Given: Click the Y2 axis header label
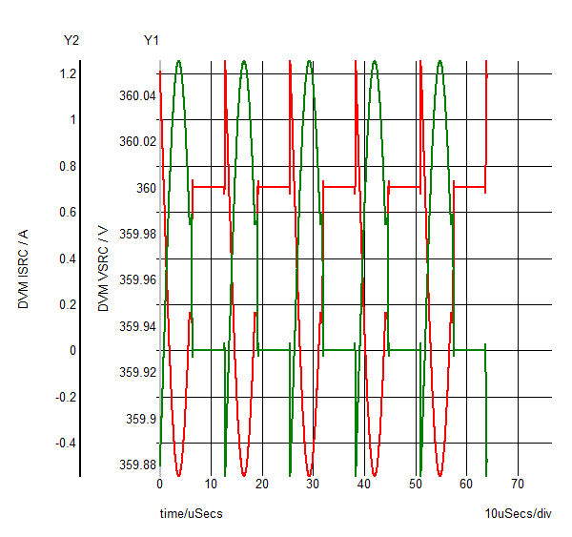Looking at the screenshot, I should (71, 40).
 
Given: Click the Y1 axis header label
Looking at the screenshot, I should (151, 40).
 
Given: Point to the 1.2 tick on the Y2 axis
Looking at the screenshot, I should (67, 73).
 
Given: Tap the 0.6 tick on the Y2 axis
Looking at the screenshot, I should (67, 212).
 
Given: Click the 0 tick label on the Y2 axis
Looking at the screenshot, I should (71, 350).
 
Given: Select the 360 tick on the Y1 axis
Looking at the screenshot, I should (144, 188).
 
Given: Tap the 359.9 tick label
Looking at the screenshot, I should (140, 420).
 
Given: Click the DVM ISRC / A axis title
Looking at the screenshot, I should (24, 269).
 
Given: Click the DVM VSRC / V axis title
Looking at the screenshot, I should (104, 269).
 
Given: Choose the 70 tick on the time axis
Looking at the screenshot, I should (518, 484).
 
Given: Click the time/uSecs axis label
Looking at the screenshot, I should (191, 514).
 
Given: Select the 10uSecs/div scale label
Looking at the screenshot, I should (518, 514).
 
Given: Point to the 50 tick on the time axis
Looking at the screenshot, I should (415, 484).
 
